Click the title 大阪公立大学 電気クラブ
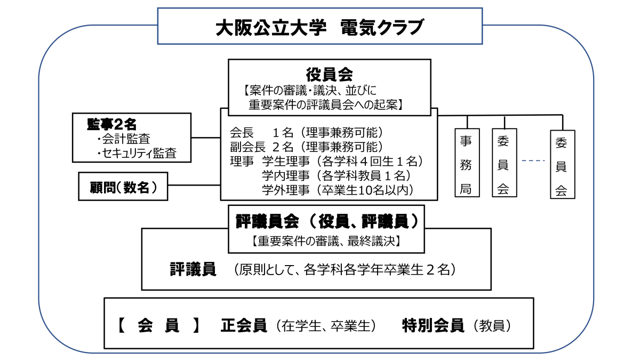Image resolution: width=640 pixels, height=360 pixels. (319, 27)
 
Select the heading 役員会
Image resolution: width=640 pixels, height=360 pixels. (329, 73)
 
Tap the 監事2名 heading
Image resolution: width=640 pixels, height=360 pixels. (112, 124)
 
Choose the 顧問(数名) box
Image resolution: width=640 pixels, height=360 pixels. (123, 186)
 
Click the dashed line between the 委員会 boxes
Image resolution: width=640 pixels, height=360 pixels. (533, 161)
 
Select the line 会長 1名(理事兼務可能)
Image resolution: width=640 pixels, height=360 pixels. (306, 132)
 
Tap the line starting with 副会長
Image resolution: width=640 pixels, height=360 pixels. (306, 146)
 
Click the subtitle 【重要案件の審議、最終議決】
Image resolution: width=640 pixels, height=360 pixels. (326, 241)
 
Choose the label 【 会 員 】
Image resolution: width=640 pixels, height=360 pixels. (158, 326)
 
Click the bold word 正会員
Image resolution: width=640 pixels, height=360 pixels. (243, 326)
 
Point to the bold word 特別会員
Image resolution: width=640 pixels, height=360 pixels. (433, 326)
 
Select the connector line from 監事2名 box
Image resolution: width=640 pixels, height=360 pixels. (206, 138)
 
